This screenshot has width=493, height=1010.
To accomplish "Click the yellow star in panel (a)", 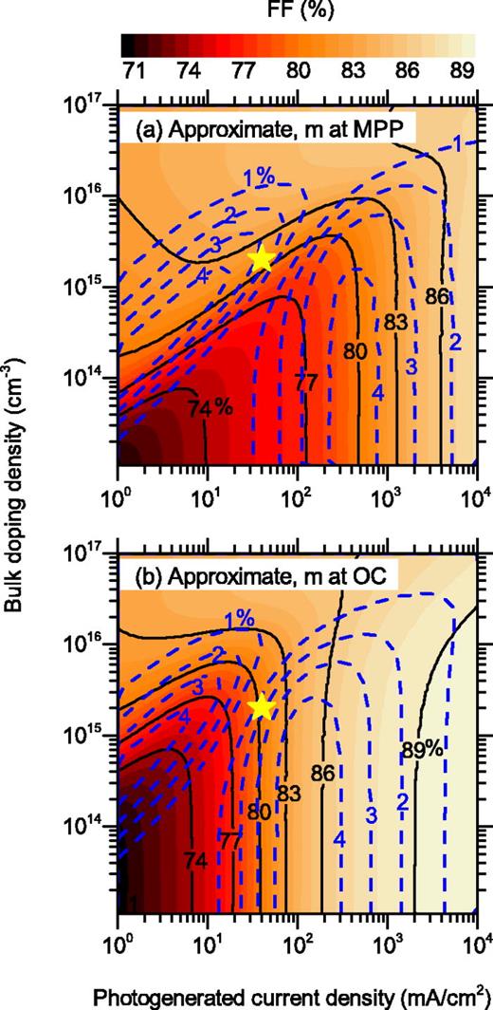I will click(263, 261).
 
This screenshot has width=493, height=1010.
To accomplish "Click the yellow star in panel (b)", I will click(263, 707).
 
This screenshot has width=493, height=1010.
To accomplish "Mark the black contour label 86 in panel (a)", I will click(437, 297).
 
